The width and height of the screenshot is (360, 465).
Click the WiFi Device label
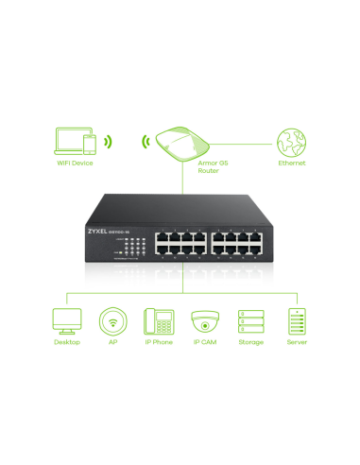click(x=75, y=162)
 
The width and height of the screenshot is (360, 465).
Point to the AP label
click(x=113, y=343)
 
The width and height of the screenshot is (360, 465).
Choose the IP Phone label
click(x=157, y=343)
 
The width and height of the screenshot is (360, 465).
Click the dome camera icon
click(x=204, y=320)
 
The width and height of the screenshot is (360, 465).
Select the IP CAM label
click(x=204, y=343)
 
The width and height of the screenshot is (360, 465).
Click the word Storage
click(x=250, y=343)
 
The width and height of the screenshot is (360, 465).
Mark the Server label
click(x=298, y=343)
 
